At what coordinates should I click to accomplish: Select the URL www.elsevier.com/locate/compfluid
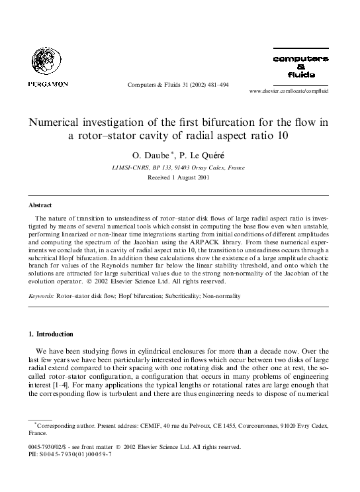[288, 90]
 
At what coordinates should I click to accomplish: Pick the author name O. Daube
[156, 155]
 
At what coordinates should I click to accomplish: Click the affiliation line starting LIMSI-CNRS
[180, 168]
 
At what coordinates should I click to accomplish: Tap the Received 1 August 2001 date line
[179, 178]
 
